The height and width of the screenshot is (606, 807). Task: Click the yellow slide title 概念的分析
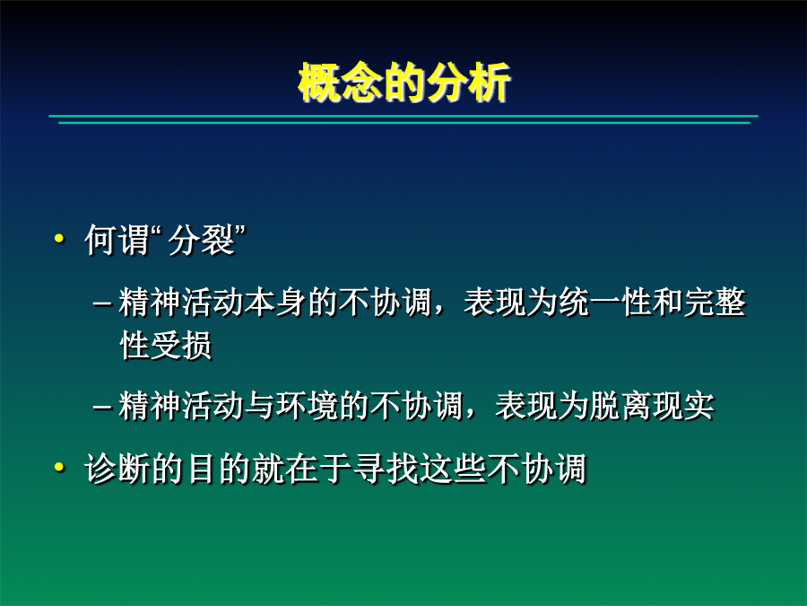[404, 82]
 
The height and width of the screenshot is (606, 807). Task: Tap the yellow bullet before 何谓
[59, 239]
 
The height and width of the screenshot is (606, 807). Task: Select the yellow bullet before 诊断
[59, 468]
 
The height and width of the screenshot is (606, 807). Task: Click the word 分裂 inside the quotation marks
[201, 240]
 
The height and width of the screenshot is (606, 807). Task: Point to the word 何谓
[117, 240]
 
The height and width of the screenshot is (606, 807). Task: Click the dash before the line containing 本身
[102, 303]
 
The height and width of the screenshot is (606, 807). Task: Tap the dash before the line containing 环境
[102, 407]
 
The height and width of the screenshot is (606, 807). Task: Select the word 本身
[275, 302]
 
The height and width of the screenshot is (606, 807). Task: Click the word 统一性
[604, 302]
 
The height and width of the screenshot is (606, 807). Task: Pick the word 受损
[181, 345]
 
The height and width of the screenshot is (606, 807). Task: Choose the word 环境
[307, 406]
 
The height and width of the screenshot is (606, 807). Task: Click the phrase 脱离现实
[652, 406]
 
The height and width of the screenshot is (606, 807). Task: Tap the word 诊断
[117, 469]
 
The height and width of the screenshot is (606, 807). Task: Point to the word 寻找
[386, 469]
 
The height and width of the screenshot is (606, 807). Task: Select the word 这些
[453, 469]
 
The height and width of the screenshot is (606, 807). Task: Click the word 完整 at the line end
[715, 302]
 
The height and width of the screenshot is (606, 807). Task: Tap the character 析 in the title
[490, 82]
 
